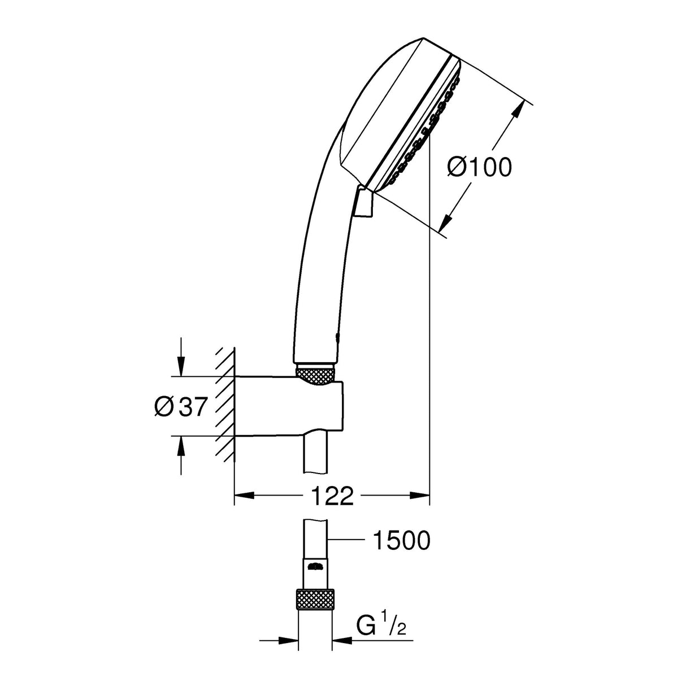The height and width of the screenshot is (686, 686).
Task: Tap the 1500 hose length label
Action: pyautogui.click(x=401, y=541)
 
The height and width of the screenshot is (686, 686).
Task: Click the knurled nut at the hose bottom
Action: pyautogui.click(x=314, y=598)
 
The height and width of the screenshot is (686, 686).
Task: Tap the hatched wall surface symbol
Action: pyautogui.click(x=225, y=406)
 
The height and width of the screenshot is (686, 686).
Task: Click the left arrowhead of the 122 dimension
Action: pyautogui.click(x=244, y=496)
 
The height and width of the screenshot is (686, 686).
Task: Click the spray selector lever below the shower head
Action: pyautogui.click(x=364, y=202)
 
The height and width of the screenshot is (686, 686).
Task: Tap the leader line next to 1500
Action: pyautogui.click(x=346, y=541)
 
